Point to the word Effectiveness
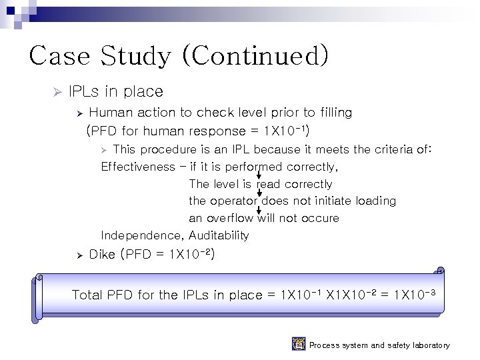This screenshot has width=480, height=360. click(137, 167)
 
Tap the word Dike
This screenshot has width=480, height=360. click(102, 254)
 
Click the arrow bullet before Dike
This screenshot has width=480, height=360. click(78, 255)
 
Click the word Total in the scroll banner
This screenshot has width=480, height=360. click(87, 294)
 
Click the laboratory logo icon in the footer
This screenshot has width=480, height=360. click(299, 344)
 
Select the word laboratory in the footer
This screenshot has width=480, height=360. click(427, 345)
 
